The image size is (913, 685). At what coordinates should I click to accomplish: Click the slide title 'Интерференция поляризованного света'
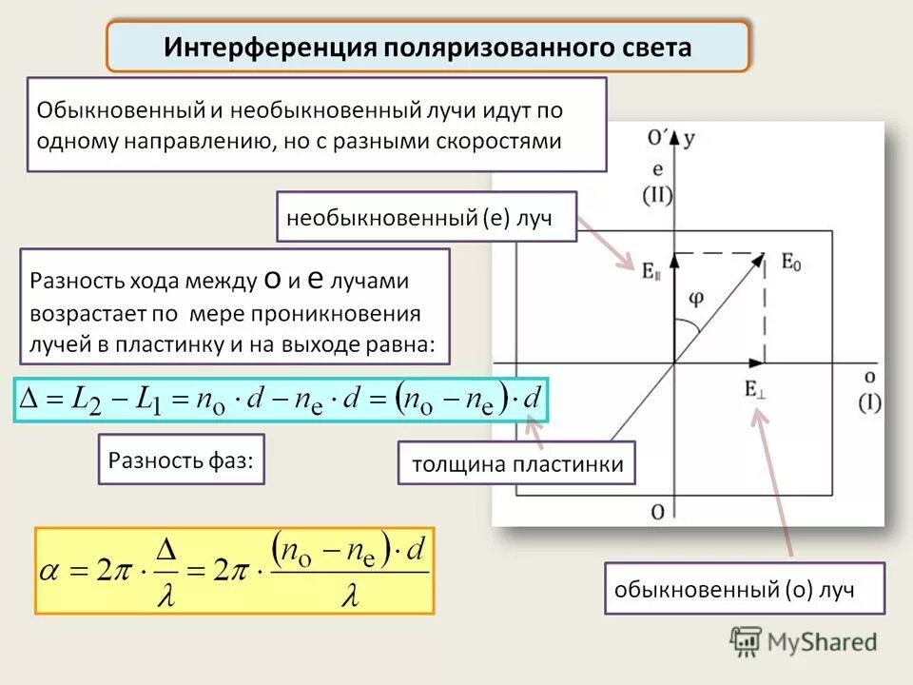(428, 48)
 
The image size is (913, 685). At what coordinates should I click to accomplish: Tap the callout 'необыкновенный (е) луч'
(427, 218)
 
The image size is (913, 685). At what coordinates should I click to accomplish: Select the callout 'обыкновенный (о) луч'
(744, 589)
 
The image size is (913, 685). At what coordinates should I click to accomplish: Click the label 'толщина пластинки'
(516, 464)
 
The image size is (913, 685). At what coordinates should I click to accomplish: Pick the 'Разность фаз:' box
(181, 460)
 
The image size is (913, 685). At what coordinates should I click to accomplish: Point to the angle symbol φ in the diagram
(697, 298)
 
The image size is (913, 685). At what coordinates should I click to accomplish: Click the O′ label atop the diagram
(657, 139)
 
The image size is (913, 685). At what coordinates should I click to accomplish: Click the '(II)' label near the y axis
(657, 196)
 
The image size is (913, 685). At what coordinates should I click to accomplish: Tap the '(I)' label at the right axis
(870, 402)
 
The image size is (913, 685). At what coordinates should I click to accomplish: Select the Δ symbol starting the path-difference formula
(28, 399)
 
